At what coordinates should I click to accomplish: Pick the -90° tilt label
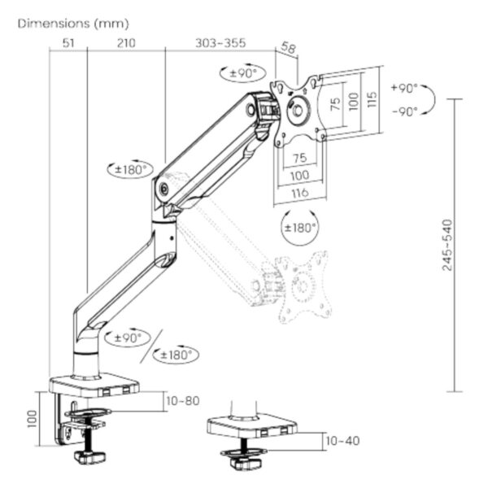pyautogui.click(x=403, y=111)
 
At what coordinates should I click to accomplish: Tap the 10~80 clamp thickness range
pyautogui.click(x=181, y=400)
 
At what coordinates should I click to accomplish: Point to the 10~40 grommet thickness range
pyautogui.click(x=342, y=441)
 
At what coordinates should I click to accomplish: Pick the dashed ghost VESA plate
pyautogui.click(x=303, y=286)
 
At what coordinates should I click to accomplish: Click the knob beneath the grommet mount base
pyautogui.click(x=242, y=462)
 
